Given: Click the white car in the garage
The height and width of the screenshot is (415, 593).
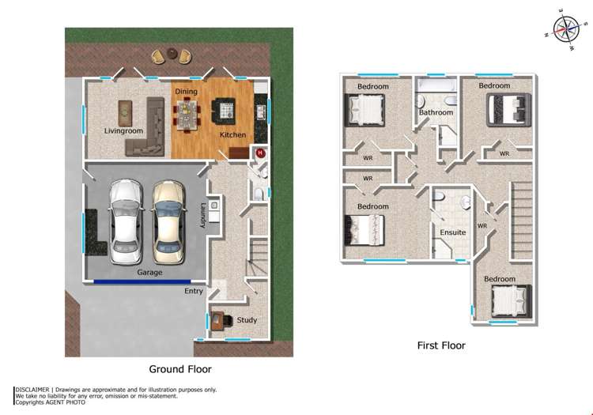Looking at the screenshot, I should tap(126, 222).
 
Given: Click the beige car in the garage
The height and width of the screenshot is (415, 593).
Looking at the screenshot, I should tap(167, 222).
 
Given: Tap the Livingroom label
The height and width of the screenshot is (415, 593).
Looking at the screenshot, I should tap(123, 130).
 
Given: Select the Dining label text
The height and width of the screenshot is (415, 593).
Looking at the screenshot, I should tap(186, 92).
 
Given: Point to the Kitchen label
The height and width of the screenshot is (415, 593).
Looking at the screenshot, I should tap(232, 134).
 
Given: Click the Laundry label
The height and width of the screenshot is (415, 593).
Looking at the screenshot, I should tap(203, 216).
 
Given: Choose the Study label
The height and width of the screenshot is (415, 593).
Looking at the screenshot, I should tap(247, 320).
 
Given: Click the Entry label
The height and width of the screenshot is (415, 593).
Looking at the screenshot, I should tap(194, 291).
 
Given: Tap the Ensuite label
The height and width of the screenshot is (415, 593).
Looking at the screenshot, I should tap(453, 232).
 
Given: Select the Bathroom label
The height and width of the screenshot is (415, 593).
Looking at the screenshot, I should tap(436, 113).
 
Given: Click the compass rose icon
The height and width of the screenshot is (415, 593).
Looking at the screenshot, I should tap(565, 28).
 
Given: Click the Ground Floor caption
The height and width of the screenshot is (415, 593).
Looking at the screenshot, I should tap(180, 369).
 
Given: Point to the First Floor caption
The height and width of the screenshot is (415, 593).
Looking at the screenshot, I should tap(441, 345).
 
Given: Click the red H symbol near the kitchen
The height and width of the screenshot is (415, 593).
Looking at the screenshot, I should tap(259, 153).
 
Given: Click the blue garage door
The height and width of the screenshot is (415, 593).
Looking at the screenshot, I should tap(142, 281).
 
